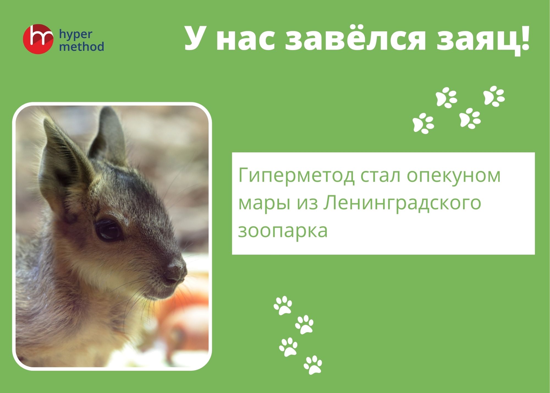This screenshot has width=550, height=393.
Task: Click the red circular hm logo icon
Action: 38,39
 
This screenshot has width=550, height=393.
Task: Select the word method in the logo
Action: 82,47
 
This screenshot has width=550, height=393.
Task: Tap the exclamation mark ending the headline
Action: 525,37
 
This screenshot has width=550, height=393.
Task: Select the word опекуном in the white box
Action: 454,176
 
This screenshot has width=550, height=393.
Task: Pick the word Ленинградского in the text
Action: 402,203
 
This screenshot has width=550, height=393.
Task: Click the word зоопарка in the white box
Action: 283,231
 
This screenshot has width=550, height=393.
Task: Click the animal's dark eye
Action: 108,230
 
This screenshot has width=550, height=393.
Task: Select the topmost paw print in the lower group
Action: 283,305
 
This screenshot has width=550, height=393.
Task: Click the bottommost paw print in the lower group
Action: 313,365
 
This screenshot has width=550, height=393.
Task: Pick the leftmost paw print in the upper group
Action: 423,123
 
